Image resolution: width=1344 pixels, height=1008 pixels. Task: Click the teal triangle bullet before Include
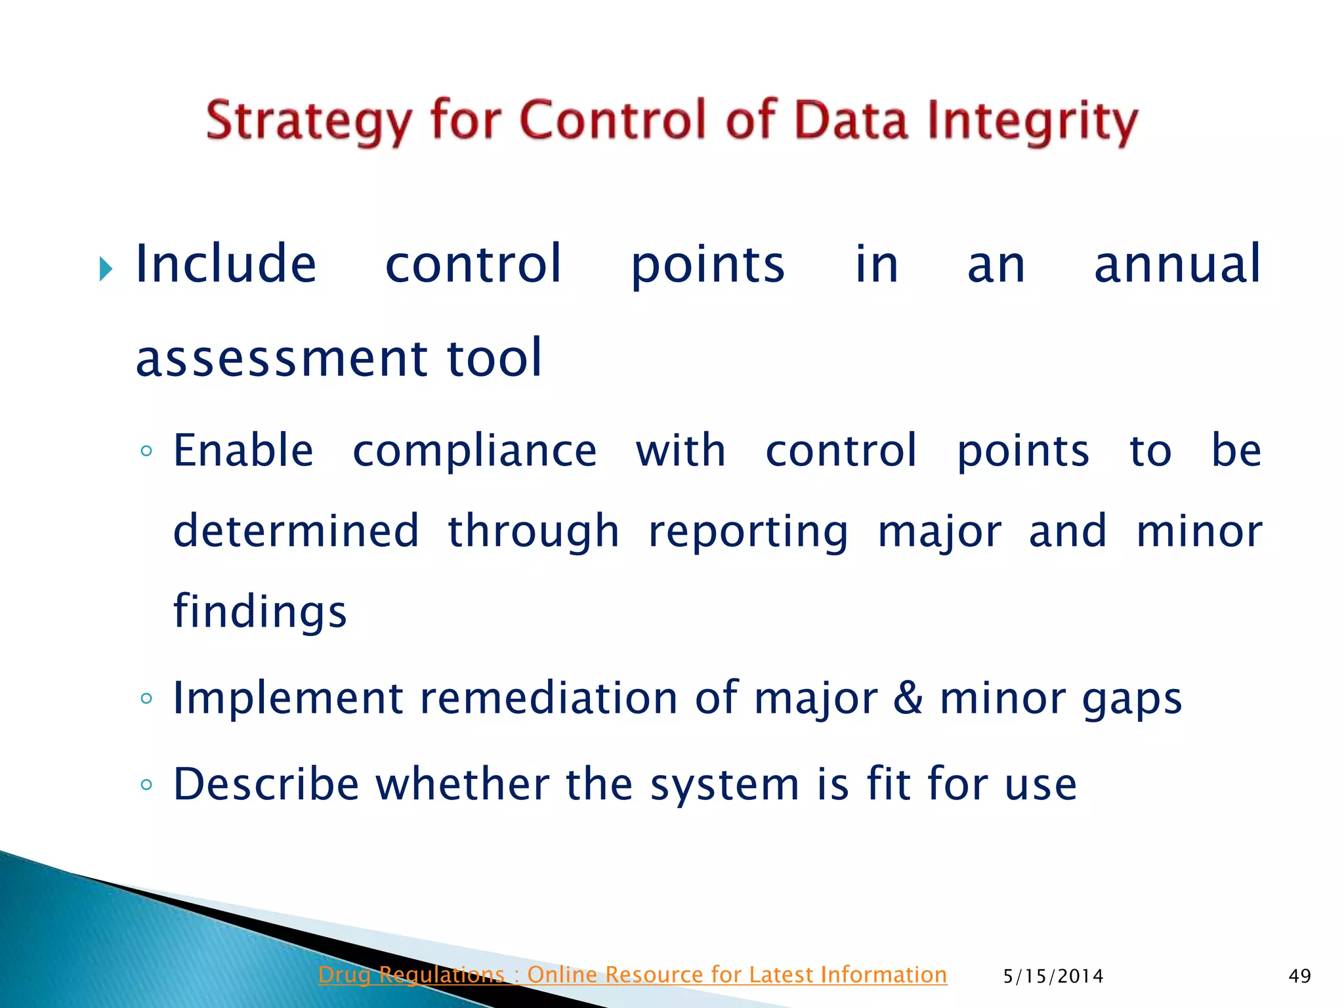click(x=106, y=268)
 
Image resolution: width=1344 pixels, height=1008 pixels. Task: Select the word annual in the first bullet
click(x=1177, y=264)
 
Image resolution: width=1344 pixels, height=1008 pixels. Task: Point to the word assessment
click(x=282, y=359)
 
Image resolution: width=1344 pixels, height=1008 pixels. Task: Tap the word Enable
click(x=243, y=451)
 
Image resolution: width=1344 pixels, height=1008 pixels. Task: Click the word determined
click(x=296, y=531)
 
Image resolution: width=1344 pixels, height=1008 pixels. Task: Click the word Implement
click(x=287, y=699)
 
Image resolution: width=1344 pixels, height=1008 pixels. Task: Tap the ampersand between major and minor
click(x=908, y=698)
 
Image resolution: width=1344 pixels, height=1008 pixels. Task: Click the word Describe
click(x=266, y=784)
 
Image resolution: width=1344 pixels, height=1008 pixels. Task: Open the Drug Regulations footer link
click(x=632, y=975)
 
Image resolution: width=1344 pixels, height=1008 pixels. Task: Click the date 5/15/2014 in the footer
click(x=1053, y=976)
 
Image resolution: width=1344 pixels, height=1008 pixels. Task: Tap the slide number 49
click(x=1299, y=976)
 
